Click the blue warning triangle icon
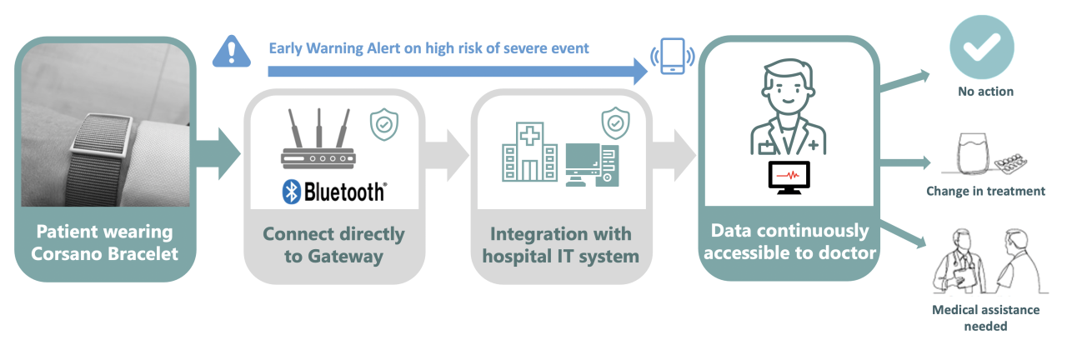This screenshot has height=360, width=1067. point(232,51)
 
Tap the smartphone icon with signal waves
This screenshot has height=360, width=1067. point(672,57)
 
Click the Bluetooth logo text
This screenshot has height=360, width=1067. point(333,192)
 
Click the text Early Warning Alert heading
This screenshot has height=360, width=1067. point(428,48)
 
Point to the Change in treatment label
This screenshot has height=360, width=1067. point(985,191)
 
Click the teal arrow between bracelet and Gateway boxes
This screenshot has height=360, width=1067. point(218,152)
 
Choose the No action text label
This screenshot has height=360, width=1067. point(985,92)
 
